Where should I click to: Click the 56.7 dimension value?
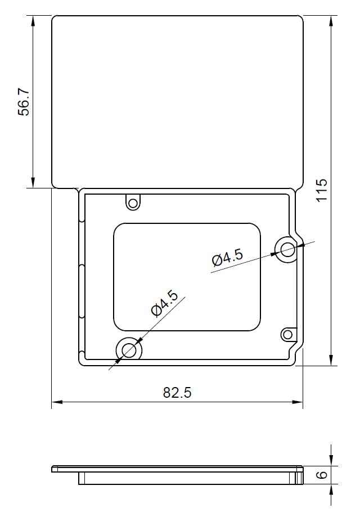coord(24,101)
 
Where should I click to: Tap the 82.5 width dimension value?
coord(177,393)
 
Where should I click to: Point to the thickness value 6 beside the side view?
coord(322,475)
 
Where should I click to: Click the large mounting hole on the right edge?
coord(287,249)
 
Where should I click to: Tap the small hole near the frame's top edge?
coord(133,203)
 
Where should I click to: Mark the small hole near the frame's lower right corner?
coord(288,335)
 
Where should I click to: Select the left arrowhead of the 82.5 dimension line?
coord(56,402)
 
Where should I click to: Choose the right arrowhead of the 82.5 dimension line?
coord(298,402)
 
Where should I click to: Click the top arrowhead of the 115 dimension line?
coord(332,20)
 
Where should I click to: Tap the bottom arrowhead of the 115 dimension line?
coord(332,361)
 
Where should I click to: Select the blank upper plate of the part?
coord(177,101)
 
